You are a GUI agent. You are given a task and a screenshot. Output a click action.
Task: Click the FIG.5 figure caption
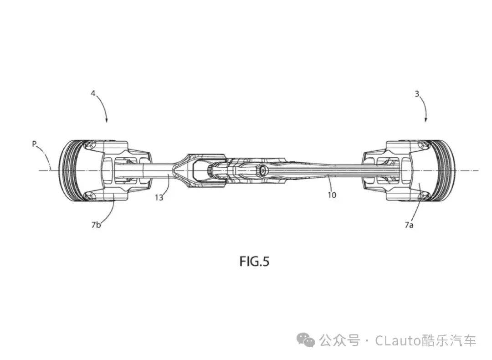pyautogui.click(x=254, y=261)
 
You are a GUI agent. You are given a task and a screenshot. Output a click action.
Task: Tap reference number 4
pyautogui.click(x=93, y=93)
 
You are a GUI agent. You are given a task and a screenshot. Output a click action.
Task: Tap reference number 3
pyautogui.click(x=417, y=93)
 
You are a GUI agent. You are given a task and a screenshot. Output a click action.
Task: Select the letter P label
pyautogui.click(x=34, y=144)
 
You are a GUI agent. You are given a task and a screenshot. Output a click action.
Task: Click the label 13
pyautogui.click(x=159, y=197)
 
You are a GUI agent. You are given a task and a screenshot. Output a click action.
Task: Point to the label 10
pyautogui.click(x=332, y=195)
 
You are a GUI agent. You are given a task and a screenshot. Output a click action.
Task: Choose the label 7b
pyautogui.click(x=96, y=225)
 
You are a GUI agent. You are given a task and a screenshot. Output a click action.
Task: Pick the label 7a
pyautogui.click(x=409, y=225)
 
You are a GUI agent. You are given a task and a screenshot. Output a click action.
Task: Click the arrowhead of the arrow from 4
pyautogui.click(x=107, y=120)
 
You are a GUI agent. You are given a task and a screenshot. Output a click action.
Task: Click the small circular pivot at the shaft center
pyautogui.click(x=262, y=170)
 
